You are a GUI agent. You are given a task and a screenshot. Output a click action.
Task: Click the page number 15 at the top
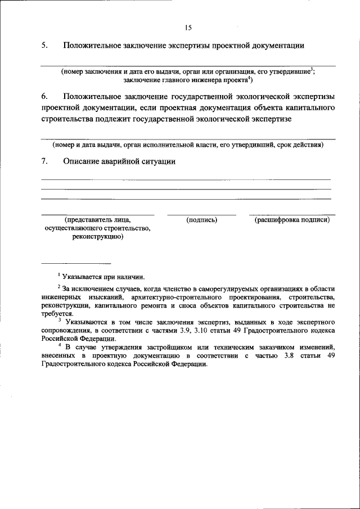click(x=188, y=28)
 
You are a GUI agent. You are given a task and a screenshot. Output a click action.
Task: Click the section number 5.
click(x=44, y=46)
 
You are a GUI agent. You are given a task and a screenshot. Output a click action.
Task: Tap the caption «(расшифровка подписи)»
click(x=292, y=220)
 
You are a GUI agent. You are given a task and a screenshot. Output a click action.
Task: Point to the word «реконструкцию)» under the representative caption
click(x=97, y=237)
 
